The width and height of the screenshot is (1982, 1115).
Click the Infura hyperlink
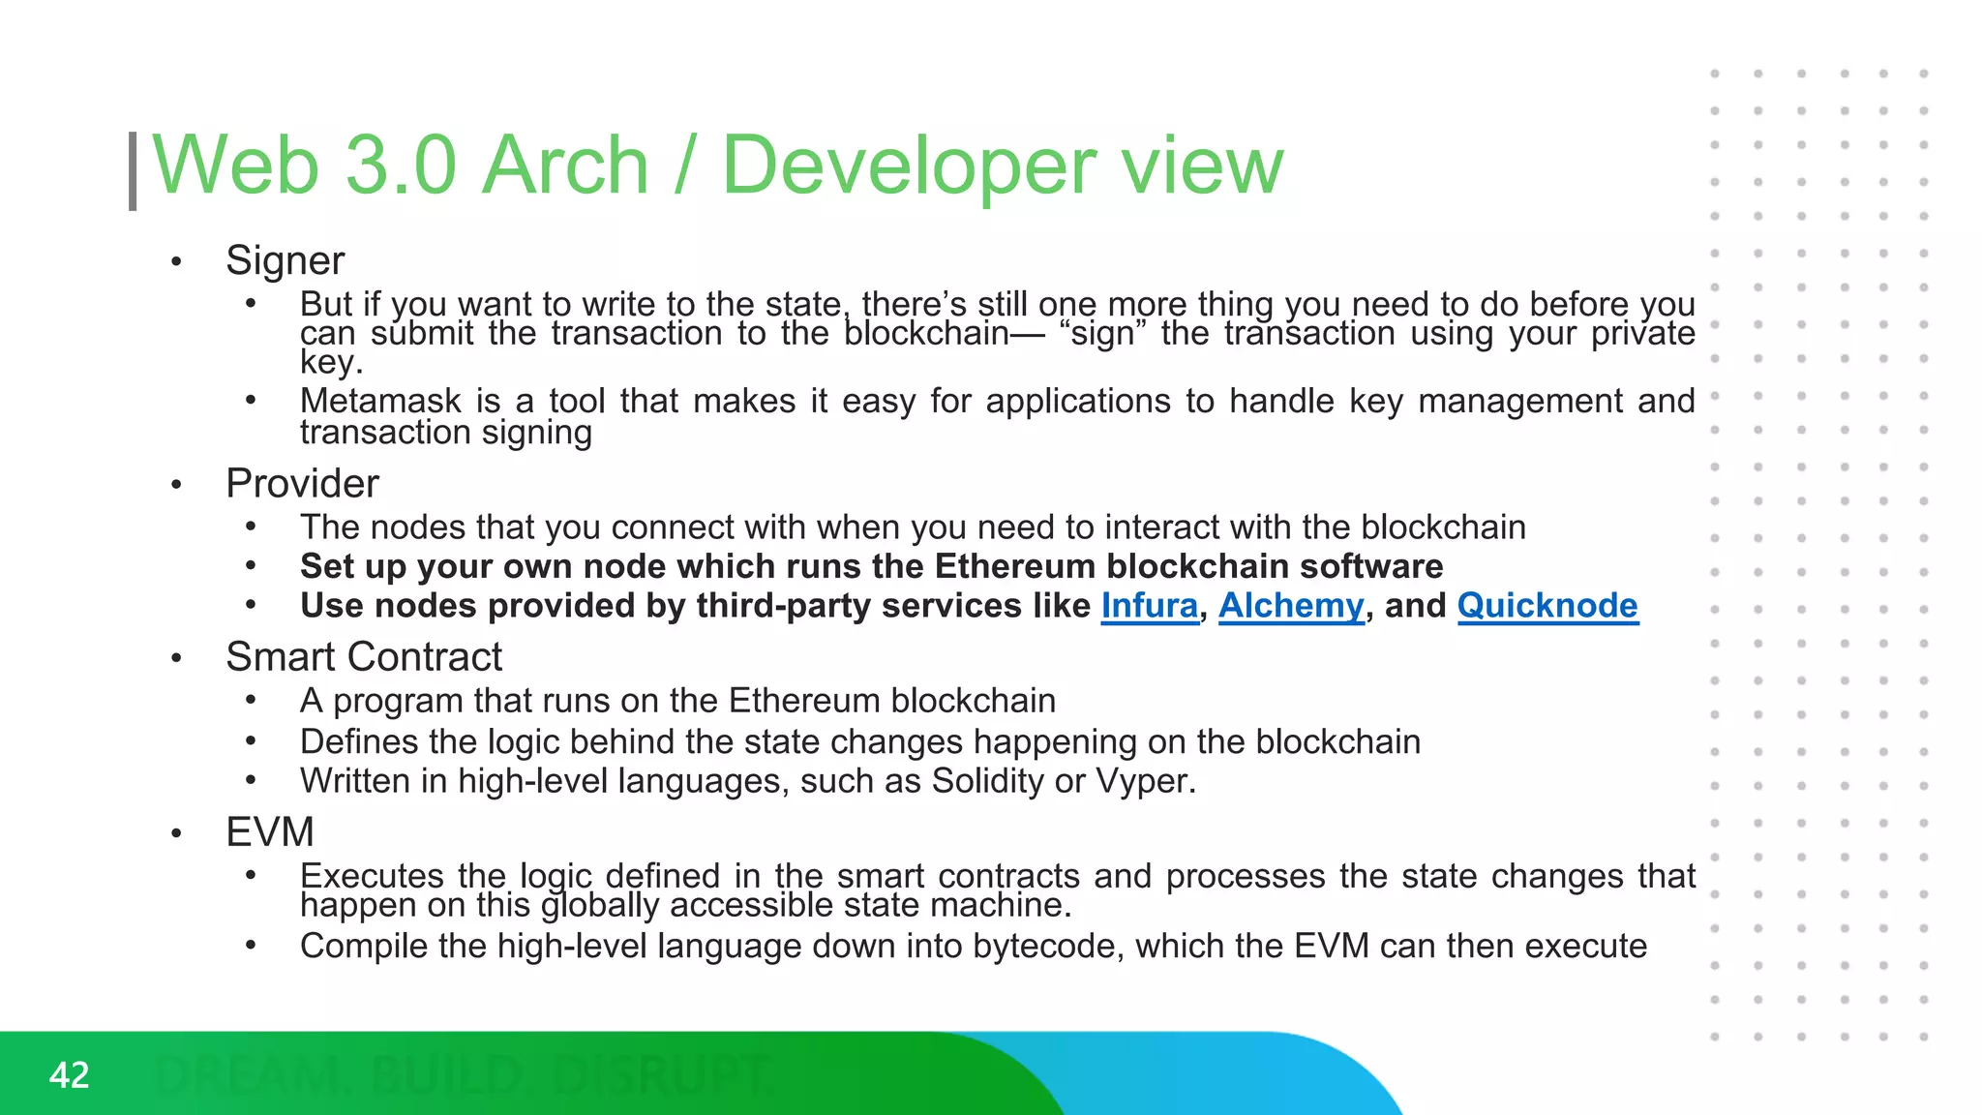pyautogui.click(x=1149, y=606)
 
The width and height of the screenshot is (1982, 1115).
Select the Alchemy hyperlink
pyautogui.click(x=1290, y=606)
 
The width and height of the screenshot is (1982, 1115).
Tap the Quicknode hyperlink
pyautogui.click(x=1547, y=606)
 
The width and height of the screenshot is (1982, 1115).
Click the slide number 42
pyautogui.click(x=69, y=1075)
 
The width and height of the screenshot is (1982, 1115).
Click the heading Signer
pyautogui.click(x=285, y=260)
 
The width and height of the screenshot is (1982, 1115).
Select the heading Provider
pyautogui.click(x=302, y=483)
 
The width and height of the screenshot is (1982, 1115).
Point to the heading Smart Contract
pyautogui.click(x=364, y=657)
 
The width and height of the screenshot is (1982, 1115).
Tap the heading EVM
pyautogui.click(x=270, y=832)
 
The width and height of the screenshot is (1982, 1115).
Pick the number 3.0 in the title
pyautogui.click(x=400, y=166)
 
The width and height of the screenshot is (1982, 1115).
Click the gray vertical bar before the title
pyautogui.click(x=133, y=171)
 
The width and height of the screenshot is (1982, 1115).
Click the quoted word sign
pyautogui.click(x=1103, y=334)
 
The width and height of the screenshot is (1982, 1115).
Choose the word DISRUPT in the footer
pyautogui.click(x=662, y=1075)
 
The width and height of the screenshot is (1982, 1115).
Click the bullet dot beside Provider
pyautogui.click(x=176, y=485)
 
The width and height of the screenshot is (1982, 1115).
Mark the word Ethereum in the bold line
pyautogui.click(x=1015, y=566)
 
